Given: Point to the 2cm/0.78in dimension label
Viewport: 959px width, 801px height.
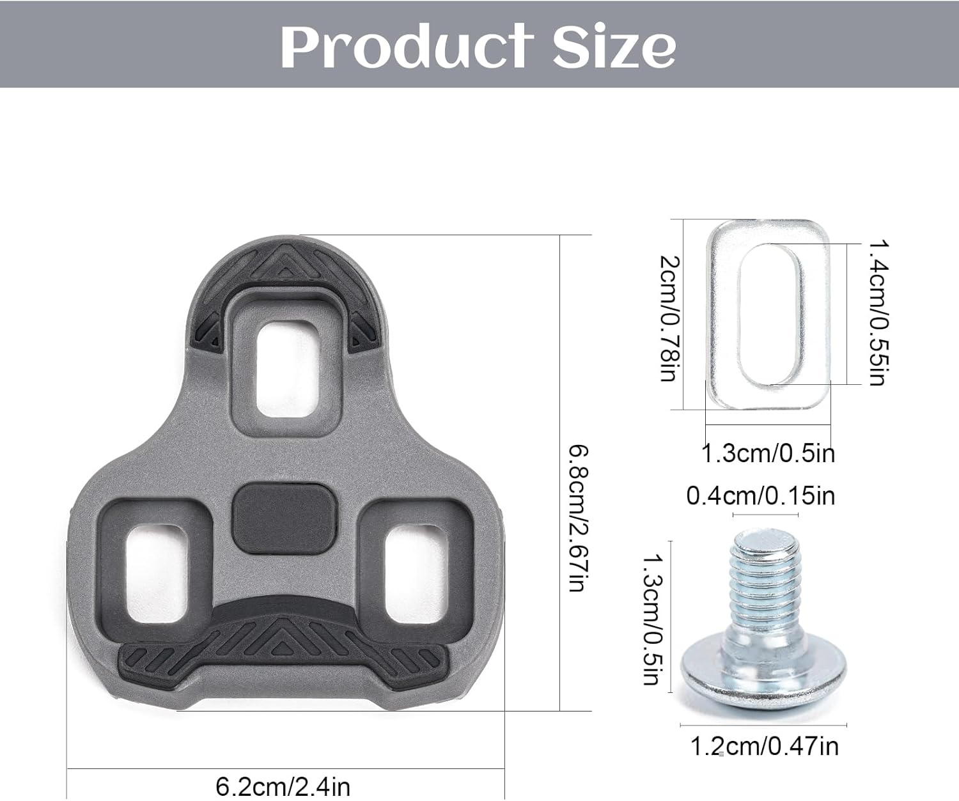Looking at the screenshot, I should [x=669, y=318].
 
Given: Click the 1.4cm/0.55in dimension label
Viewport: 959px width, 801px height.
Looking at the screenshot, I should [x=877, y=313].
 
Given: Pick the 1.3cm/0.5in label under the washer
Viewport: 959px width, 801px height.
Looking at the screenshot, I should [x=768, y=453].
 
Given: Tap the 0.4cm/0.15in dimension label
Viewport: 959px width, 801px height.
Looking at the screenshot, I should [x=760, y=495].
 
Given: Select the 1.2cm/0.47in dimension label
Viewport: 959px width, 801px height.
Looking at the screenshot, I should [x=765, y=746].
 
